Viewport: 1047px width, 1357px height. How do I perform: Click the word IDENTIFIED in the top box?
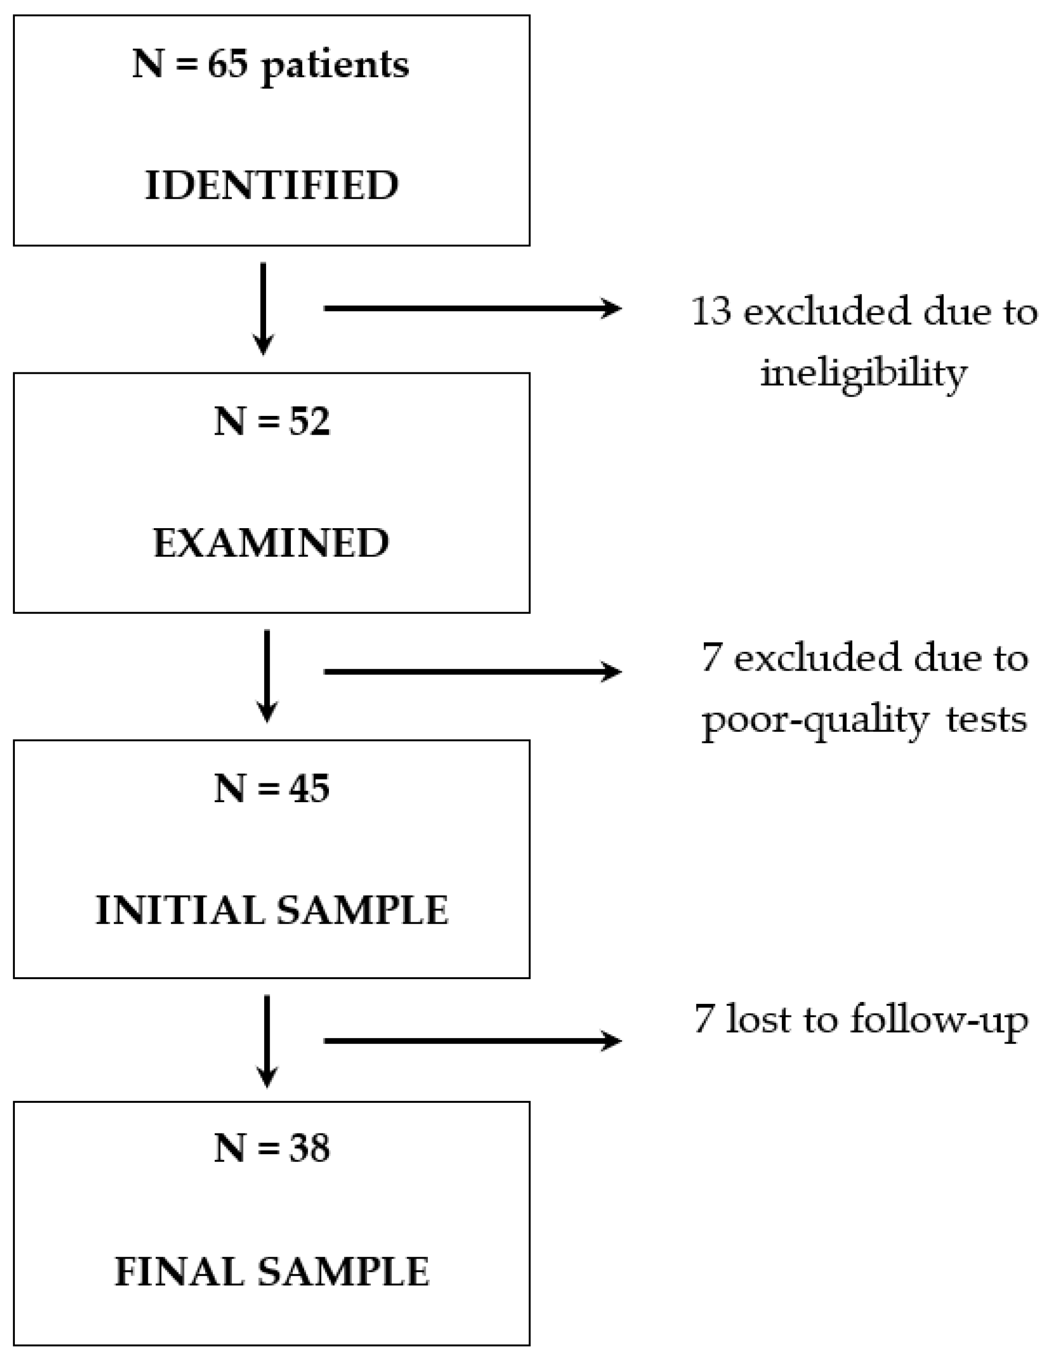272,185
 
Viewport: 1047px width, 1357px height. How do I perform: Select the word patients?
335,66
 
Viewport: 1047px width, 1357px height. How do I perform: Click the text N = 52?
272,421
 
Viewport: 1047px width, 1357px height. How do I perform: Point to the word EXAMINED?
272,543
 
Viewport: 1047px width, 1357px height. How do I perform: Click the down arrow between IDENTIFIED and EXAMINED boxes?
264,308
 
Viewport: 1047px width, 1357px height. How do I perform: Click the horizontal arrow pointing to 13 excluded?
472,308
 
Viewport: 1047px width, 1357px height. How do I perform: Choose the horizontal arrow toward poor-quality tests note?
472,672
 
